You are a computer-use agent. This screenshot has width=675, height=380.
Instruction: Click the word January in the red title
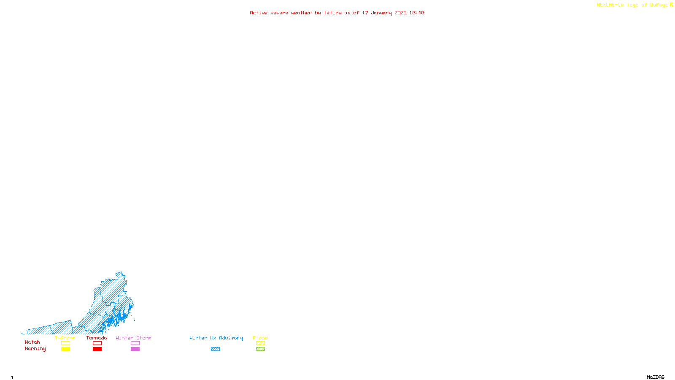(381, 13)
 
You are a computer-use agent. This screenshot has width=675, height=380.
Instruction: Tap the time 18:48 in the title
(416, 13)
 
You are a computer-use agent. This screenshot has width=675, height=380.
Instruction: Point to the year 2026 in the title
(400, 13)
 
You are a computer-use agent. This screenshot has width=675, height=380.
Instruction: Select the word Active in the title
(259, 13)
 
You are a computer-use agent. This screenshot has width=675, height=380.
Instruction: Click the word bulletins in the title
(328, 13)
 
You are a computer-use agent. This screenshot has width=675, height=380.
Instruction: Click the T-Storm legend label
(65, 338)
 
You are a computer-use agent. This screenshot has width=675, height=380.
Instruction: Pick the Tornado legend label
(97, 338)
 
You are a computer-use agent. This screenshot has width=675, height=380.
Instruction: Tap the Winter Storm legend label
(133, 338)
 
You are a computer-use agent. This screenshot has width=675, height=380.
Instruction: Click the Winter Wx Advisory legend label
(216, 338)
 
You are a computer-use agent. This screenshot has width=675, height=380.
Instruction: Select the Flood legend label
(260, 338)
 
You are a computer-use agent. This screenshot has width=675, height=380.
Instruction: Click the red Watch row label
(32, 342)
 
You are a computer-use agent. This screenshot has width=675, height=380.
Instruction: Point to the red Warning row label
(35, 349)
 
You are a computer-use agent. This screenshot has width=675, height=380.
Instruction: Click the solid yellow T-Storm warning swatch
(65, 349)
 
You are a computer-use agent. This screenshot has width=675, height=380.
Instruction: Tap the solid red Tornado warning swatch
(97, 349)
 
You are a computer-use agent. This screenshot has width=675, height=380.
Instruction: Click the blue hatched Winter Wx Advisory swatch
(215, 349)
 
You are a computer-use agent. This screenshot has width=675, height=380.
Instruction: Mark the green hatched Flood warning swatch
(260, 349)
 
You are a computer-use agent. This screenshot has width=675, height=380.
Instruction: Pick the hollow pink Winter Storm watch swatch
(135, 343)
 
